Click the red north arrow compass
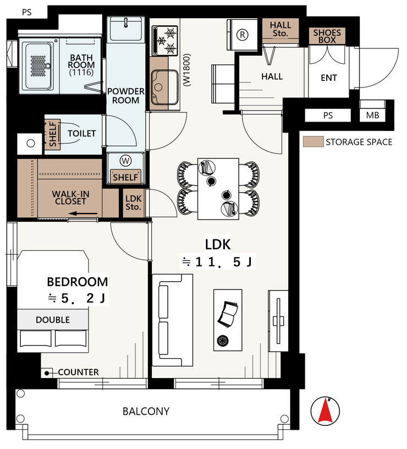(x=325, y=411)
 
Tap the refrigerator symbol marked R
(x=243, y=35)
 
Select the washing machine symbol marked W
(x=125, y=161)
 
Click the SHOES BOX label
(x=327, y=36)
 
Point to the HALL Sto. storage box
(x=280, y=31)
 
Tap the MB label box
(x=372, y=116)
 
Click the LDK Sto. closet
(x=134, y=202)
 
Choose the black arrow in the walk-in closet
(x=83, y=213)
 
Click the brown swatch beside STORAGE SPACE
(x=313, y=142)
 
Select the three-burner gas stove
(x=165, y=41)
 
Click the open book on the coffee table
(x=228, y=314)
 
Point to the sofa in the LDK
(x=172, y=320)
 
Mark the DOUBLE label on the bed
(x=53, y=320)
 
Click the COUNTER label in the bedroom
(x=78, y=373)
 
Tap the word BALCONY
(x=146, y=412)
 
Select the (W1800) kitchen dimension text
(x=187, y=70)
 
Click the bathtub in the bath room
(x=39, y=66)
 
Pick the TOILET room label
(x=81, y=134)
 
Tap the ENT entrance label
(x=328, y=78)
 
